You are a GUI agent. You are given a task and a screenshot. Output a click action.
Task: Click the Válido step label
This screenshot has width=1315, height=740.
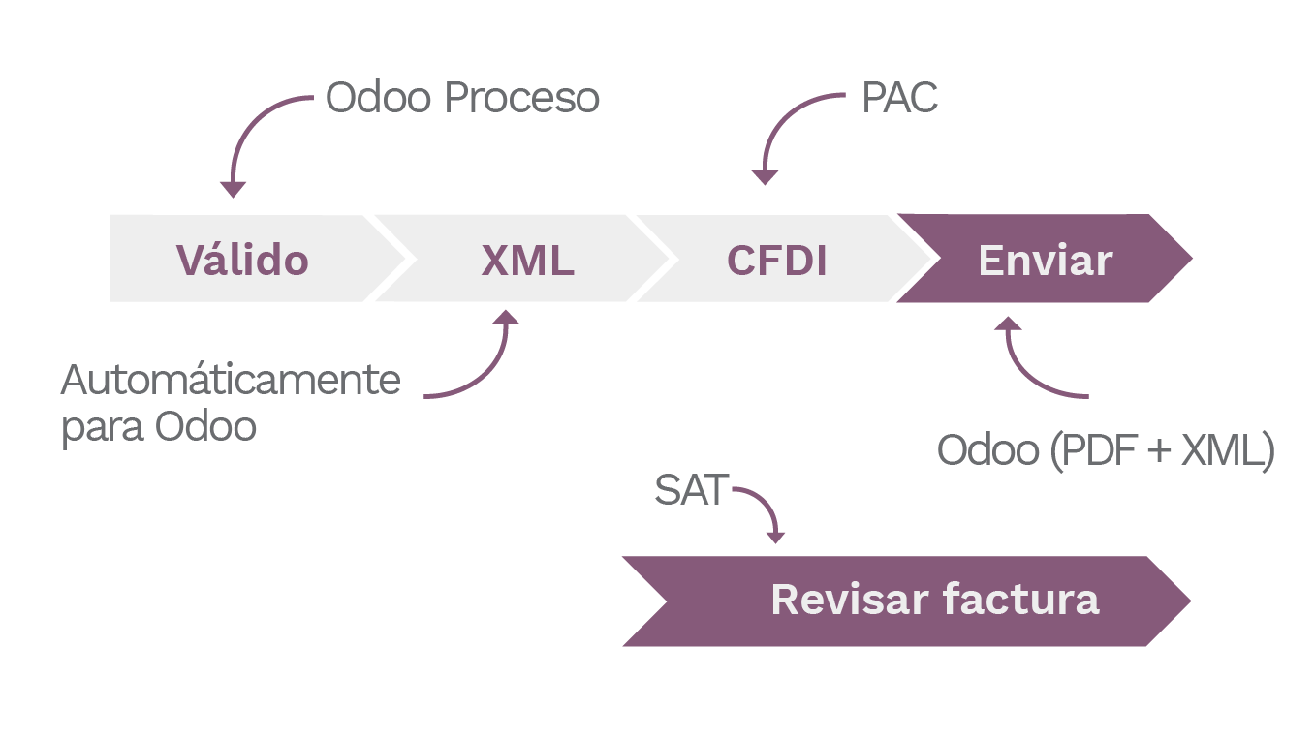pyautogui.click(x=242, y=260)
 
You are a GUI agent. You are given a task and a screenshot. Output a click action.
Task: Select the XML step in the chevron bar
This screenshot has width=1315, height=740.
pyautogui.click(x=528, y=260)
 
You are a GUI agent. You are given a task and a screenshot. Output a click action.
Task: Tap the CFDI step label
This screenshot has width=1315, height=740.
pyautogui.click(x=776, y=260)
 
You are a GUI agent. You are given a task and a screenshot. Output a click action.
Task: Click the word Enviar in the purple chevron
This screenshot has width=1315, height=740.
pyautogui.click(x=1046, y=260)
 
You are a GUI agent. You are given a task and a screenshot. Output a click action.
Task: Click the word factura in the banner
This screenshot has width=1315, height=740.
pyautogui.click(x=1020, y=600)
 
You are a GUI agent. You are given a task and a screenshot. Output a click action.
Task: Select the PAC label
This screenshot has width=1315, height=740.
pyautogui.click(x=899, y=97)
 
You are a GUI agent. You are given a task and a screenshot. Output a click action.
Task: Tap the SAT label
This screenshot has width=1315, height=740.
pyautogui.click(x=692, y=489)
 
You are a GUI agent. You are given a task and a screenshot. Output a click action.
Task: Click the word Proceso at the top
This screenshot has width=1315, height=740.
pyautogui.click(x=522, y=98)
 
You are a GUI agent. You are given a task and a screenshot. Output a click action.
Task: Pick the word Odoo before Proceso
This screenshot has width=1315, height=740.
pyautogui.click(x=379, y=98)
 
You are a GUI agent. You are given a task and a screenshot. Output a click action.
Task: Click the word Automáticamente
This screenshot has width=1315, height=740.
pyautogui.click(x=231, y=380)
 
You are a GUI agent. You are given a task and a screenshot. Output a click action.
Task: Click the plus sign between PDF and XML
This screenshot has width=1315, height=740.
pyautogui.click(x=1159, y=450)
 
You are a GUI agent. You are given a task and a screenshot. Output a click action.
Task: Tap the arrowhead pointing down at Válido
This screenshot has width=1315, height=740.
pyautogui.click(x=234, y=189)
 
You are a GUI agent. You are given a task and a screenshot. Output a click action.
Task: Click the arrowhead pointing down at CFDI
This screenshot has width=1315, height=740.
pyautogui.click(x=765, y=177)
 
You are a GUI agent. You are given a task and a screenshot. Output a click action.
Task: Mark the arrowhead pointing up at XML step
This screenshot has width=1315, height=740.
pyautogui.click(x=506, y=318)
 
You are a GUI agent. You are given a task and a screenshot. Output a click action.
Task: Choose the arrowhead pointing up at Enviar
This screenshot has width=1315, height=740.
pyautogui.click(x=1008, y=324)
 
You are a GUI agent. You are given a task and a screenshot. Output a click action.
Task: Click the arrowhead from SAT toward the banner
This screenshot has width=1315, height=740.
pyautogui.click(x=775, y=538)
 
